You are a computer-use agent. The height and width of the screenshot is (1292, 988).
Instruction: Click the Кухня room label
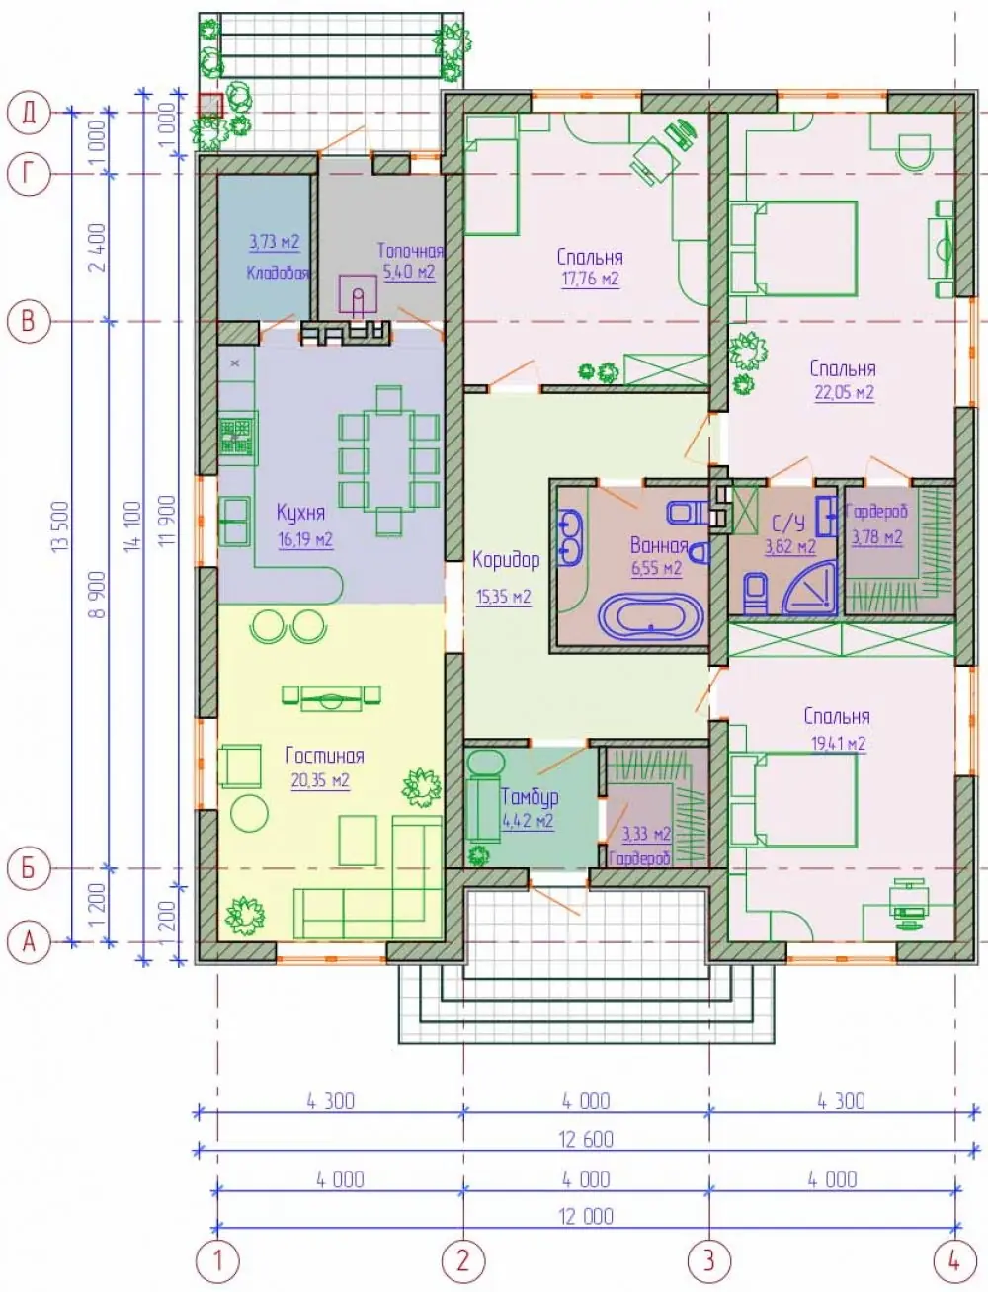pyautogui.click(x=300, y=513)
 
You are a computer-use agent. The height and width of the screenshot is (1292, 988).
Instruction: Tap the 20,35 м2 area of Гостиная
pyautogui.click(x=320, y=781)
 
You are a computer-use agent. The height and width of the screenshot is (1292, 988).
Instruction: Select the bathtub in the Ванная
pyautogui.click(x=651, y=615)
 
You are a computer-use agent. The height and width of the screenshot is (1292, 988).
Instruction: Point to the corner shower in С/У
pyautogui.click(x=809, y=586)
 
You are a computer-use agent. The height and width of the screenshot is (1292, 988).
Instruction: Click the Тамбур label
pyautogui.click(x=530, y=797)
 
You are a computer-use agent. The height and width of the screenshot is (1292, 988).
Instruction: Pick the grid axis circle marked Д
pyautogui.click(x=29, y=112)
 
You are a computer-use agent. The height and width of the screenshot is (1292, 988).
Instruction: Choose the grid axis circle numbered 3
pyautogui.click(x=709, y=1260)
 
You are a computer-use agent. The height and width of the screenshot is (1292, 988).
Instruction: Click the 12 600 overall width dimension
pyautogui.click(x=586, y=1140)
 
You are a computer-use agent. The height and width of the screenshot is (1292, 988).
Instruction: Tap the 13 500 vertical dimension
pyautogui.click(x=62, y=525)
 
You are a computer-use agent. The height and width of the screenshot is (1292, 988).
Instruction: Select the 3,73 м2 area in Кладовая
pyautogui.click(x=275, y=242)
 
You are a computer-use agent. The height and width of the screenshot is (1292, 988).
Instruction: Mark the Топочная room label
pyautogui.click(x=410, y=251)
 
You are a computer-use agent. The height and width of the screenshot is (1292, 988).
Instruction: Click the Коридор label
pyautogui.click(x=506, y=560)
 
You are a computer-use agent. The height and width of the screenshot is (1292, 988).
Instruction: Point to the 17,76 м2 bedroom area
pyautogui.click(x=591, y=279)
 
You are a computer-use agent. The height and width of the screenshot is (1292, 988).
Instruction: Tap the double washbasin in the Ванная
pyautogui.click(x=570, y=536)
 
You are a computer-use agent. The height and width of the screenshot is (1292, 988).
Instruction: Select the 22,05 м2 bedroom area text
pyautogui.click(x=845, y=392)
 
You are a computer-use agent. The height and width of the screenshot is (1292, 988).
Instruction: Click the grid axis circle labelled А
pyautogui.click(x=29, y=942)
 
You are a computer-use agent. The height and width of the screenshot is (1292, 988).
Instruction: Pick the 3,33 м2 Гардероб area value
pyautogui.click(x=646, y=834)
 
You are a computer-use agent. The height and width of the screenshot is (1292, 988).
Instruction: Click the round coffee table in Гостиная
pyautogui.click(x=250, y=812)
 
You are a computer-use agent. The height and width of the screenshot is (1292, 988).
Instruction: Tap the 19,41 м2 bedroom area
pyautogui.click(x=839, y=744)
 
